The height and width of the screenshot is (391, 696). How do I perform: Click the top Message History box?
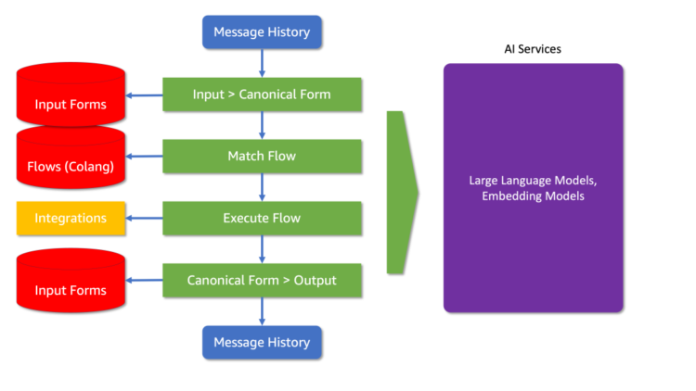coord(262,32)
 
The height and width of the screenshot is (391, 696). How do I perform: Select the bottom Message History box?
coord(262,342)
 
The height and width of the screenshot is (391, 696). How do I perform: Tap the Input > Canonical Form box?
coord(262,95)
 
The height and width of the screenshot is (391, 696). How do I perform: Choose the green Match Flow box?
coord(262,156)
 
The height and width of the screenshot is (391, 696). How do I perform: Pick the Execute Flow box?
coord(262,218)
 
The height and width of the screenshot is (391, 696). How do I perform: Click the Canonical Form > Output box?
coord(262,280)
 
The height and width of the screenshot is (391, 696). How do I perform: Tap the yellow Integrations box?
coord(71,218)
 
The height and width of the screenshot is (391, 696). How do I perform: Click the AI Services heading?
coord(532,48)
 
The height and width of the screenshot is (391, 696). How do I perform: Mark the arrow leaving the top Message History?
coord(262,63)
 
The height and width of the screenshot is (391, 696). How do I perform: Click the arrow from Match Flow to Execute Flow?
coord(262,186)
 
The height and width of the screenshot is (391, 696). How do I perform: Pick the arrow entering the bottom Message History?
coord(262,311)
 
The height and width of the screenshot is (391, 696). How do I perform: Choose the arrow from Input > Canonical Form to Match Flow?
coord(262,125)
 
